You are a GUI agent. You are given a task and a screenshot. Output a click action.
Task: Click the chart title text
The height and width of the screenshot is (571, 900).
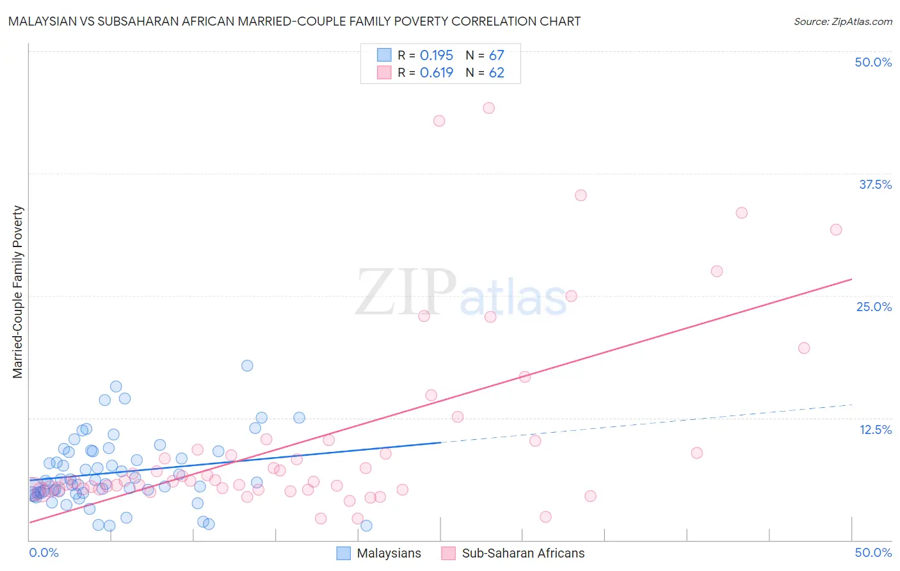click(294, 21)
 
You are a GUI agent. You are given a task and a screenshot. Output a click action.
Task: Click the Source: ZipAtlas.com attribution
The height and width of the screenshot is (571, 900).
click(842, 21)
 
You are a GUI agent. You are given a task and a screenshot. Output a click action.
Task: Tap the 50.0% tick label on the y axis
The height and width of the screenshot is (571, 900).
click(873, 62)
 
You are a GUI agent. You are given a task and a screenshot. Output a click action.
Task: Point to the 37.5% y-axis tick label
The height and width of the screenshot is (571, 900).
click(875, 184)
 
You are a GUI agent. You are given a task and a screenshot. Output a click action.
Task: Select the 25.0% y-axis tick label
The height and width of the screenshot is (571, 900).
click(874, 307)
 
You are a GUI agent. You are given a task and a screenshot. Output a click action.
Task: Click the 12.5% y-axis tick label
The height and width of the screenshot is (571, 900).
click(875, 430)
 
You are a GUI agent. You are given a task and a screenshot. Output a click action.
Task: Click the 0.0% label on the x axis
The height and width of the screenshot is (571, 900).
click(44, 552)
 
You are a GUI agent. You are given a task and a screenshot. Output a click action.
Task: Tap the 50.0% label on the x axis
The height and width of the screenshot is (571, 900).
click(873, 552)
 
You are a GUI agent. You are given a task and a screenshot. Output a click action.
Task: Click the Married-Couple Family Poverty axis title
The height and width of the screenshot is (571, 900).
click(18, 292)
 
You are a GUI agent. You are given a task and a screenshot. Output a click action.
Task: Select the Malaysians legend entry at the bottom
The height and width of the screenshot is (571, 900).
click(389, 553)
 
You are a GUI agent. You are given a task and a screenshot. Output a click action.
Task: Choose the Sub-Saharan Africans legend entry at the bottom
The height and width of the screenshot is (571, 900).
click(523, 553)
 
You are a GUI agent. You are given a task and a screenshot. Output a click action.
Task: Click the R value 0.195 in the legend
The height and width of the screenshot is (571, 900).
click(437, 56)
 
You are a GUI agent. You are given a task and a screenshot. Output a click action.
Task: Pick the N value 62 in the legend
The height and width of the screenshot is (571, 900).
click(497, 73)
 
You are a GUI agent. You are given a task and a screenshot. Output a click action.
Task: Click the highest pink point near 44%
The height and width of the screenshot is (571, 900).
click(489, 108)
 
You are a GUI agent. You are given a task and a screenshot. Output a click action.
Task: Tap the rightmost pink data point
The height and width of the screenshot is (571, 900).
click(836, 230)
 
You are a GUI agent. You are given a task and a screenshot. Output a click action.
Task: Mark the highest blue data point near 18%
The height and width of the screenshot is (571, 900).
click(247, 366)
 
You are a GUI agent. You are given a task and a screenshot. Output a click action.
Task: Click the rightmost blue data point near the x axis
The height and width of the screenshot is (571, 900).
click(366, 526)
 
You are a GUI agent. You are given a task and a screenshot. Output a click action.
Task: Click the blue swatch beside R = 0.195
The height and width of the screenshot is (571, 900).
click(384, 55)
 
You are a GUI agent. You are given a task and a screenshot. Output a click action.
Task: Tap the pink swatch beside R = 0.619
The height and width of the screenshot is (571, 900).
click(384, 72)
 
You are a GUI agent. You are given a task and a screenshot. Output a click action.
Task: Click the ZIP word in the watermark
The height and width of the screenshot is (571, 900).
click(405, 293)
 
